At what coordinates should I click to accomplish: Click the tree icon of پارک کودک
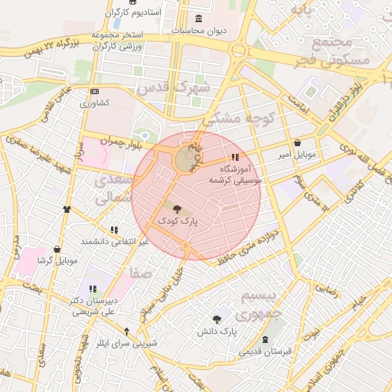[x=178, y=208]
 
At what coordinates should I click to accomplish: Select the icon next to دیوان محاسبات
[x=199, y=18]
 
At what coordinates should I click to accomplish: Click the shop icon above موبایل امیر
[x=297, y=143]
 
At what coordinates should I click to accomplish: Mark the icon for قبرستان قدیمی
[x=266, y=339]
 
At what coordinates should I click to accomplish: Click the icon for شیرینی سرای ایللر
[x=127, y=332]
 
